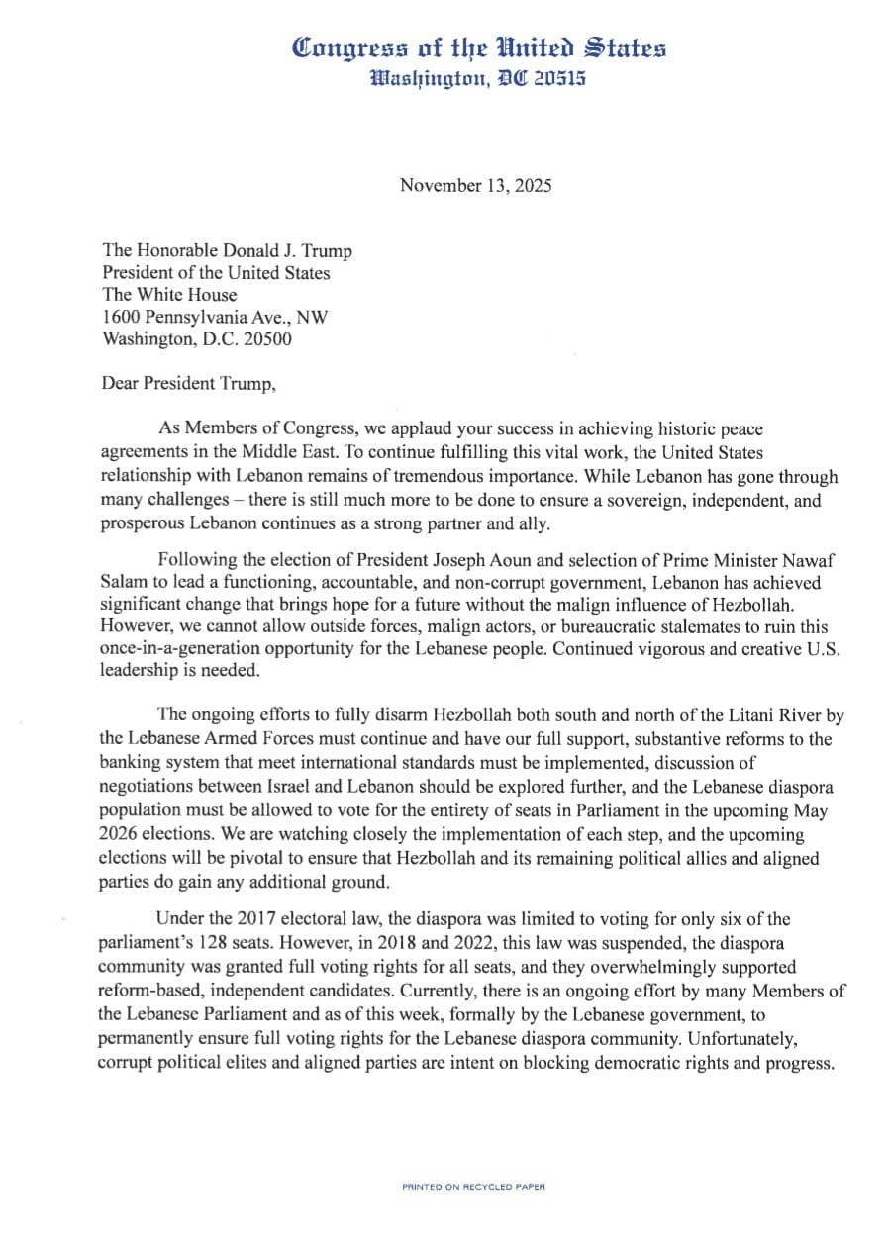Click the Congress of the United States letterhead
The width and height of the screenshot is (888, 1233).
(x=479, y=47)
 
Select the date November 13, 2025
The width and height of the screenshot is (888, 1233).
(x=475, y=185)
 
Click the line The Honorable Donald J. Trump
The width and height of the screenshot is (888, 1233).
(x=227, y=251)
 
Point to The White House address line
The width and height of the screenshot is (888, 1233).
(x=169, y=295)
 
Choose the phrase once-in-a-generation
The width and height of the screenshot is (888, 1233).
(x=185, y=649)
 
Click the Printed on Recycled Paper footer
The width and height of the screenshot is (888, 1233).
(x=473, y=1186)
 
